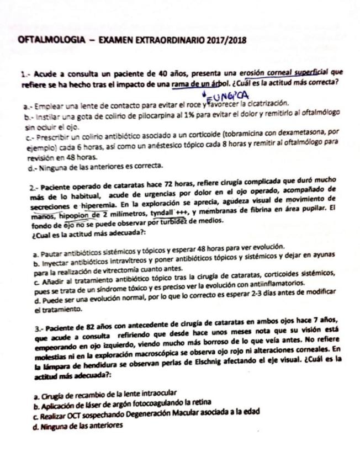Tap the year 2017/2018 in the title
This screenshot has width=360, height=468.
tap(223, 41)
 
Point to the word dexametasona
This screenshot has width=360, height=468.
tap(293, 133)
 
